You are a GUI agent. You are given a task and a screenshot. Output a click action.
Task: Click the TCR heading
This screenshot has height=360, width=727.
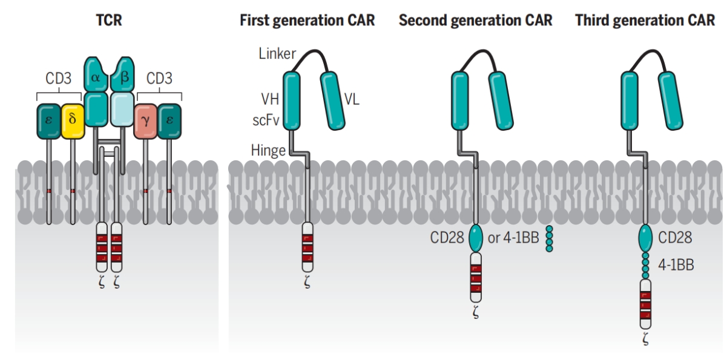(x=109, y=20)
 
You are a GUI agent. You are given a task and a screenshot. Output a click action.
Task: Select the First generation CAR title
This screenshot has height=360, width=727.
(x=307, y=20)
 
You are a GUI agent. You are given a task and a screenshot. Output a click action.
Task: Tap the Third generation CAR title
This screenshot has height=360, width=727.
(x=645, y=20)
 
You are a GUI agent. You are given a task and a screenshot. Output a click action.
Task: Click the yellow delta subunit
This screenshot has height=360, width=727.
(x=73, y=121)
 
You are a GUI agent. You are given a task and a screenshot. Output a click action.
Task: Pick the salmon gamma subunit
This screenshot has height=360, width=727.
(x=145, y=121)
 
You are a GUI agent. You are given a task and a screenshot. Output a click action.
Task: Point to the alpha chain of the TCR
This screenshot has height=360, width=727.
(x=96, y=74)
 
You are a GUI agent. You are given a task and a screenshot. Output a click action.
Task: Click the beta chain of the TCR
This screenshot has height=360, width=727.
(x=122, y=74)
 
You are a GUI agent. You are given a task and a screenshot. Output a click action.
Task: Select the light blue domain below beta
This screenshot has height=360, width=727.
(x=122, y=110)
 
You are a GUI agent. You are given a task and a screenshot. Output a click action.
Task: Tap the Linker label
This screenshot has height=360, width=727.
(x=277, y=53)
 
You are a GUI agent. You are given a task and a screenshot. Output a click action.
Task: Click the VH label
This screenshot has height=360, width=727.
(x=270, y=99)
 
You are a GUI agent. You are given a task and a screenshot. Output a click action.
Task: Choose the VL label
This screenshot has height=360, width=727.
(x=352, y=99)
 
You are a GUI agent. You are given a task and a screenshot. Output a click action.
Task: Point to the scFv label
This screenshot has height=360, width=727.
(x=266, y=120)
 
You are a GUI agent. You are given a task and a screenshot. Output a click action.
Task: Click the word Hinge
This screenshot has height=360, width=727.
(x=268, y=151)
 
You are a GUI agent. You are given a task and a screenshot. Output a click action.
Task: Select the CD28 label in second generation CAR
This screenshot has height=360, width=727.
(x=447, y=238)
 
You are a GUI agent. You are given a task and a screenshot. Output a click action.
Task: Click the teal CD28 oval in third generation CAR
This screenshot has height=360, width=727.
(x=645, y=238)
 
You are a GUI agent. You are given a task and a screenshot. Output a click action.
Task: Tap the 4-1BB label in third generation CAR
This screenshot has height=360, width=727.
(x=676, y=265)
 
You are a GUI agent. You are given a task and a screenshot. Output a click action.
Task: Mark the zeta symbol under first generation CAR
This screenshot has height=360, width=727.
(x=307, y=281)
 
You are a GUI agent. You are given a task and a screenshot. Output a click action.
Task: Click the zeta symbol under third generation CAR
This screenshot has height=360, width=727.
(x=645, y=339)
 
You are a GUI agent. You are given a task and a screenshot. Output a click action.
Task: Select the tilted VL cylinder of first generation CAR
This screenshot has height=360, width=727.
(x=332, y=101)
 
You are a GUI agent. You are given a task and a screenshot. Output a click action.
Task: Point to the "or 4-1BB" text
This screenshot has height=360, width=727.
(x=513, y=238)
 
